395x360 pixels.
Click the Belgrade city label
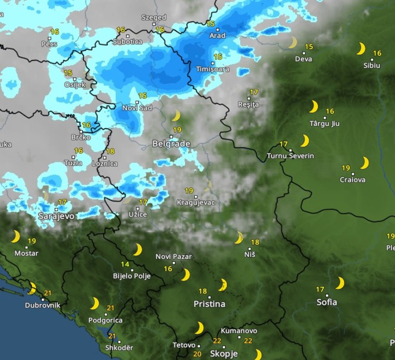171,144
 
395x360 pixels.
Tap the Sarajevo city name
56,216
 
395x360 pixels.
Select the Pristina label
209,304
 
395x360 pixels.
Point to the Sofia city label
327,302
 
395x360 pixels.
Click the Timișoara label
212,69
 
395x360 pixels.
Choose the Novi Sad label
137,108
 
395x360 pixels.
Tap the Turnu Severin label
290,156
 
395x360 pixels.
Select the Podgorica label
105,321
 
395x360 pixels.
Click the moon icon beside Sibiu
361,49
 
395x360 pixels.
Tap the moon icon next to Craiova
364,163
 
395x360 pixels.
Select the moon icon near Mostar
15,237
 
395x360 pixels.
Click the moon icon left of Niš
239,238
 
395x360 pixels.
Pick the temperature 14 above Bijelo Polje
125,265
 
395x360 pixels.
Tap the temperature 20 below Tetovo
197,354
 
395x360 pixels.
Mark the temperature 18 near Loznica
110,151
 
